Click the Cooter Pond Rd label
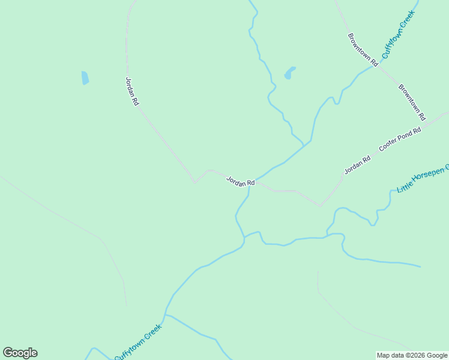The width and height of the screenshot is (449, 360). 400,139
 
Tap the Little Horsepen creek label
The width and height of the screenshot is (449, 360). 423,179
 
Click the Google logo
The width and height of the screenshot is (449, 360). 20,353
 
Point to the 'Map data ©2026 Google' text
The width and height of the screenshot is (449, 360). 412,355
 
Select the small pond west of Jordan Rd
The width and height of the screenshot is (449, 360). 85,78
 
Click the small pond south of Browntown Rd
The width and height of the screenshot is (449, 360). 290,73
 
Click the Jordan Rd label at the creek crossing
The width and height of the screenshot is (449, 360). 241,181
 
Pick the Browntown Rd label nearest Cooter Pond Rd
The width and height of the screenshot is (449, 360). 412,102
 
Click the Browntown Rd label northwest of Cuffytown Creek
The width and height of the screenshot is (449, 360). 363,49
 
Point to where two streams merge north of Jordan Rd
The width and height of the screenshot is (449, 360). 305,145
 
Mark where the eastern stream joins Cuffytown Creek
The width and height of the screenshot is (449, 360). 244,239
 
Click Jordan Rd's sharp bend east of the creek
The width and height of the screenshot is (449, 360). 320,206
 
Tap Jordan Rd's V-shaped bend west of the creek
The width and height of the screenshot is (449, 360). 194,182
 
